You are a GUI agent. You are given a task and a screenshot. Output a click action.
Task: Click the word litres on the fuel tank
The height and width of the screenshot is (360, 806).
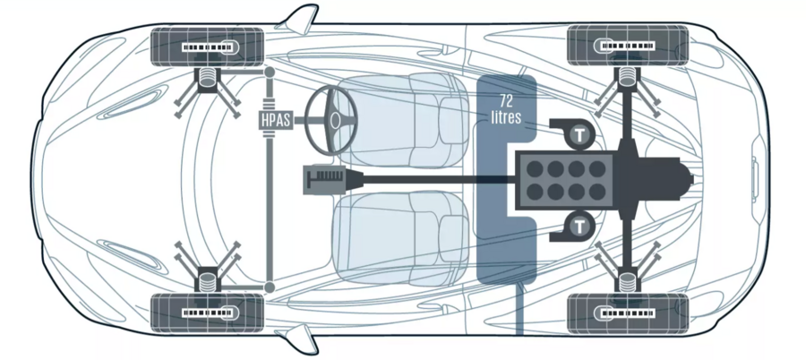pyautogui.click(x=506, y=117)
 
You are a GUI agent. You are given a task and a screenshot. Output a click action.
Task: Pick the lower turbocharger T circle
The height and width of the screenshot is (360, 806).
pyautogui.click(x=579, y=224)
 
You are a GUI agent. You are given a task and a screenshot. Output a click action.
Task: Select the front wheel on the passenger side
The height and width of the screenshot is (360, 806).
pyautogui.click(x=209, y=313)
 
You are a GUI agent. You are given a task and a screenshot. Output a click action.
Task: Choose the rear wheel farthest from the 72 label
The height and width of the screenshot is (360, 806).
pyautogui.click(x=627, y=313)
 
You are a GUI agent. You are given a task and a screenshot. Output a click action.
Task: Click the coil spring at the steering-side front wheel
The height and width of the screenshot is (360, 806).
pyautogui.click(x=209, y=80)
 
